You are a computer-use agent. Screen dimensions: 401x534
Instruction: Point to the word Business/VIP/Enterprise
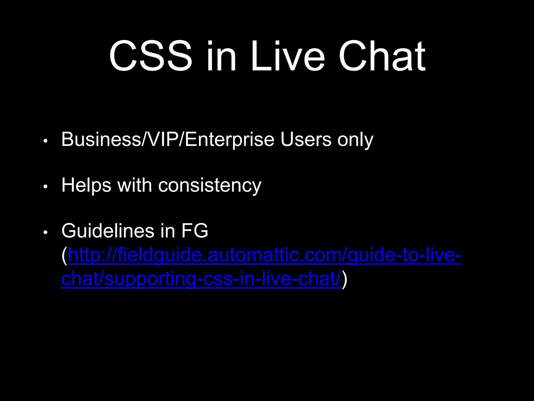(x=168, y=140)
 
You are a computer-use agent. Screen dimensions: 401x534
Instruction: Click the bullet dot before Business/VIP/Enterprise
(x=45, y=141)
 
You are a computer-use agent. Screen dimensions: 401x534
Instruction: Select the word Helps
(x=86, y=186)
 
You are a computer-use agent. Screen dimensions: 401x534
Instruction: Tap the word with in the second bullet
(x=135, y=185)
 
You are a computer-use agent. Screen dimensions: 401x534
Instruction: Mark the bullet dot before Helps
(x=45, y=187)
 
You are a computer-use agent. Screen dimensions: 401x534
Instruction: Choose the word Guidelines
(x=108, y=231)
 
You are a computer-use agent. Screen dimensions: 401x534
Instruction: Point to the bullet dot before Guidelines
(x=45, y=232)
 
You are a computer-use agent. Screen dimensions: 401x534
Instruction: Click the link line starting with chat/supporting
(x=201, y=279)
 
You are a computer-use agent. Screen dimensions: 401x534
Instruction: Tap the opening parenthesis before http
(x=64, y=256)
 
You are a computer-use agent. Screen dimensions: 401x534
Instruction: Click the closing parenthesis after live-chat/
(x=344, y=279)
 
